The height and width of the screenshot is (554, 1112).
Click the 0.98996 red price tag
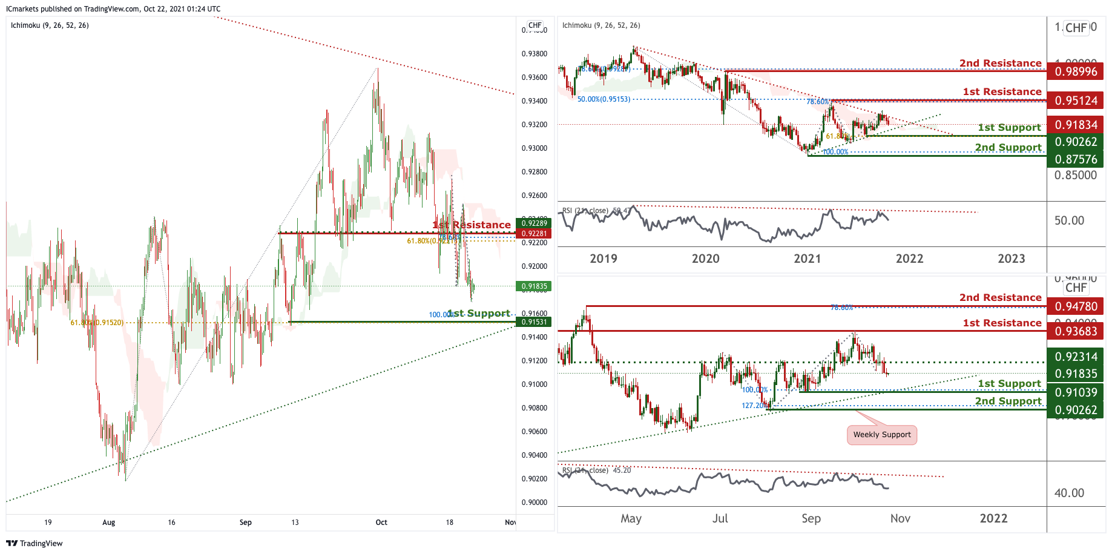click(1076, 71)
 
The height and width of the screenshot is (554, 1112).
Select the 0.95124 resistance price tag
click(1076, 101)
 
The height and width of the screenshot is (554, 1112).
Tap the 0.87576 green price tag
click(1076, 159)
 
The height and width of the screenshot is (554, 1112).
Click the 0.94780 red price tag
click(1076, 306)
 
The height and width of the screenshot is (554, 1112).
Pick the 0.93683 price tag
click(1076, 331)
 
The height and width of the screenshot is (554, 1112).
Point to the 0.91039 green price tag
click(1076, 392)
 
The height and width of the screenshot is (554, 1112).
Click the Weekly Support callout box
click(881, 435)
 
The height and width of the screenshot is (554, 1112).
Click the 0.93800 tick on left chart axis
click(534, 54)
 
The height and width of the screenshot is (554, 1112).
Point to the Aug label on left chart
click(108, 523)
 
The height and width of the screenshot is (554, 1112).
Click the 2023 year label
click(1011, 259)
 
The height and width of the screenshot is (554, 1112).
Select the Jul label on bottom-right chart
click(720, 519)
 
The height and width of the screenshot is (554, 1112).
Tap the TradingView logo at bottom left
click(35, 543)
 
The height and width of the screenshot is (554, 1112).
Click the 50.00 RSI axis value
click(1069, 220)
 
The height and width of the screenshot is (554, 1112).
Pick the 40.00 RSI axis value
click(1069, 493)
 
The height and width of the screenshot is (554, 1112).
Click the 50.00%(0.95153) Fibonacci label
click(604, 99)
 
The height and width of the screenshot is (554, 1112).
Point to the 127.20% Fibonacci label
click(754, 406)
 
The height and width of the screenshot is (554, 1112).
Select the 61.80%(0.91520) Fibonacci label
click(97, 323)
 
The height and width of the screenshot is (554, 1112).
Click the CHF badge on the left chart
click(535, 25)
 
